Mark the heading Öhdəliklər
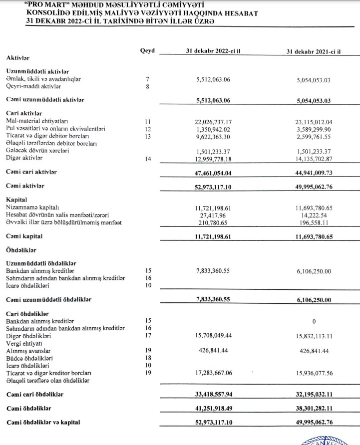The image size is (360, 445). coord(23,248)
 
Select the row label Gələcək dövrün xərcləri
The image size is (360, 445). coord(37,151)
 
